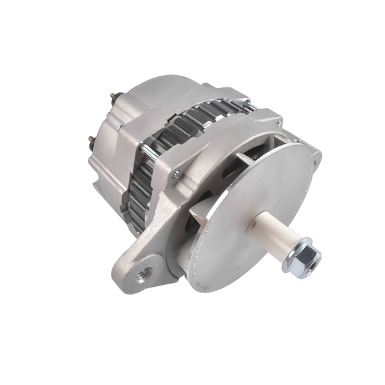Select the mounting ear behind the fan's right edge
[315, 160]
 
